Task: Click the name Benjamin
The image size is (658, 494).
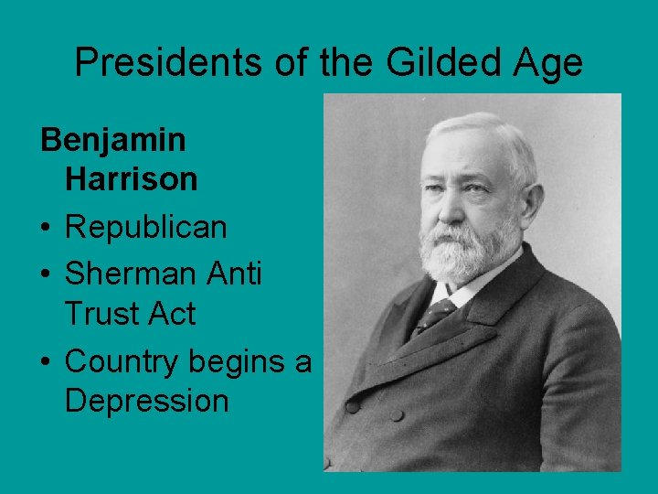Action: pyautogui.click(x=113, y=140)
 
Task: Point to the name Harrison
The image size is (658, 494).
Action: pyautogui.click(x=131, y=180)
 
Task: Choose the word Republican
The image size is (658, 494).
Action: pyautogui.click(x=145, y=227)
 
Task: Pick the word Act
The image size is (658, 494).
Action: pyautogui.click(x=171, y=314)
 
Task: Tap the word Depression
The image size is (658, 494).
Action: pyautogui.click(x=146, y=401)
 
